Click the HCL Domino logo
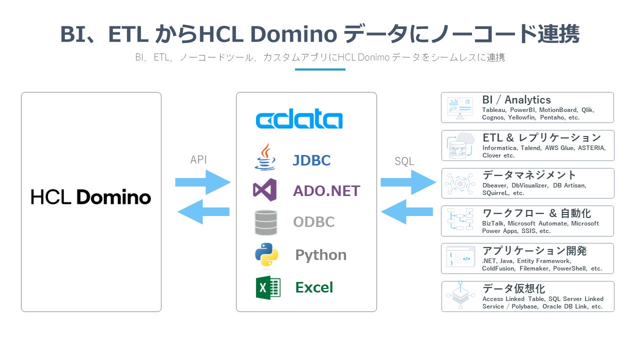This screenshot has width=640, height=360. [91, 196]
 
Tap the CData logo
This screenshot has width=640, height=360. [299, 120]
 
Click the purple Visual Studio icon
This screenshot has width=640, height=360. [265, 190]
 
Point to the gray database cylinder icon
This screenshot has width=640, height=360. [265, 222]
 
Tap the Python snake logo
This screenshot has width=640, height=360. [266, 254]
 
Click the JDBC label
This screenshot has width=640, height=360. [311, 160]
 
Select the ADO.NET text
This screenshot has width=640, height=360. [326, 190]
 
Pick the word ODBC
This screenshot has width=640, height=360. [313, 222]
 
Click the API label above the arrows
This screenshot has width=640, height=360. [198, 160]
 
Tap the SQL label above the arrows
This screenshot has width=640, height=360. [404, 161]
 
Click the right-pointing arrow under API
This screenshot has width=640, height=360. [203, 182]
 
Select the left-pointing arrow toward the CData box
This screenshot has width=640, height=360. [406, 211]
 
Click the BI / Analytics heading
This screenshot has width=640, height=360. [516, 100]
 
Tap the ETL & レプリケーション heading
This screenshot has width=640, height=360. [541, 137]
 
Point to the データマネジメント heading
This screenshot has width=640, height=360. [529, 175]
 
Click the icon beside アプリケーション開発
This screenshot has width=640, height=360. [460, 258]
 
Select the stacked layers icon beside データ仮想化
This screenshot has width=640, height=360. [460, 296]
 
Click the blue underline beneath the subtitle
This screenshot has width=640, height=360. [320, 69]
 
